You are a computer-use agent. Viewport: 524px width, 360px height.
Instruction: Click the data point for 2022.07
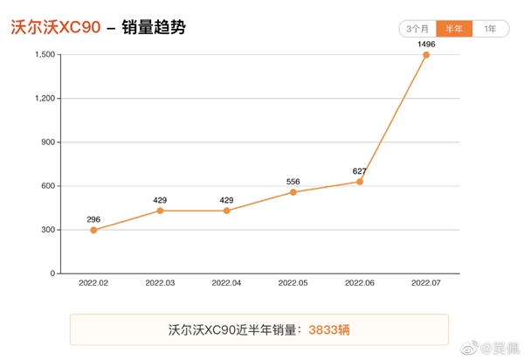(426, 55)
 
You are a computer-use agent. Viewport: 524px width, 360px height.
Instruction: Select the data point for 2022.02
(93, 230)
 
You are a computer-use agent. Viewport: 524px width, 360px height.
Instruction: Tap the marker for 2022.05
(293, 192)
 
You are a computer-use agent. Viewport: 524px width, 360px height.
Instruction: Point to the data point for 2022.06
(360, 182)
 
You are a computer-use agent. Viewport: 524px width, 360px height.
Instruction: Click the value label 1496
(426, 43)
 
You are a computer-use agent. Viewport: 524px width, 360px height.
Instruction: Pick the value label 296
(93, 218)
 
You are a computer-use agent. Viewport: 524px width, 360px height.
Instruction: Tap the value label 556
(293, 181)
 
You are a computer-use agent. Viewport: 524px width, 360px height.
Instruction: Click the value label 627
(360, 170)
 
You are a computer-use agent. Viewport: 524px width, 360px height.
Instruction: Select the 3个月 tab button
(417, 29)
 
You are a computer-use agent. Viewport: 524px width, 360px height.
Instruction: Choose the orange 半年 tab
(454, 29)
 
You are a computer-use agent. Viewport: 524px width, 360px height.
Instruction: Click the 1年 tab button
(491, 29)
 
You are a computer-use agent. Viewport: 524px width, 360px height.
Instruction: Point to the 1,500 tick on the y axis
(45, 55)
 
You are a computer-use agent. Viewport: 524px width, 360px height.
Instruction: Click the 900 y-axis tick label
(49, 142)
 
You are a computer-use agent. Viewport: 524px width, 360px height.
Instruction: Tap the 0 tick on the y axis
(53, 273)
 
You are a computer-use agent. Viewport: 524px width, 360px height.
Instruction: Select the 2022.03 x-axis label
(160, 284)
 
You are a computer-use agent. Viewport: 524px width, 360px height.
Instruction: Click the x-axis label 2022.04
(226, 284)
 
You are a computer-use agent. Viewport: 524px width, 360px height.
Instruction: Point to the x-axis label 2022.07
(426, 284)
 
